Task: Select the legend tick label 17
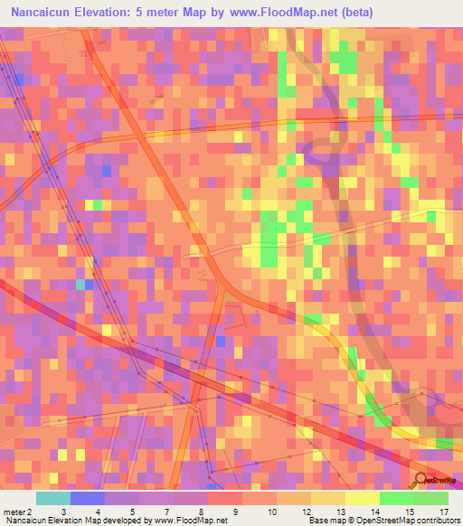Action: [x=444, y=512]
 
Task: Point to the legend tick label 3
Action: [x=62, y=512]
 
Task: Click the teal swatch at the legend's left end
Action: [x=52, y=498]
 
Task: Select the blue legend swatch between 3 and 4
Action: [x=87, y=498]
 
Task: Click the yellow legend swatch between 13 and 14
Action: [x=362, y=498]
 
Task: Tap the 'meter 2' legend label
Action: [x=17, y=512]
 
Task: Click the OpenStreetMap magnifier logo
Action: [x=421, y=480]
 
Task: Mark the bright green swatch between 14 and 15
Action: [x=396, y=498]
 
